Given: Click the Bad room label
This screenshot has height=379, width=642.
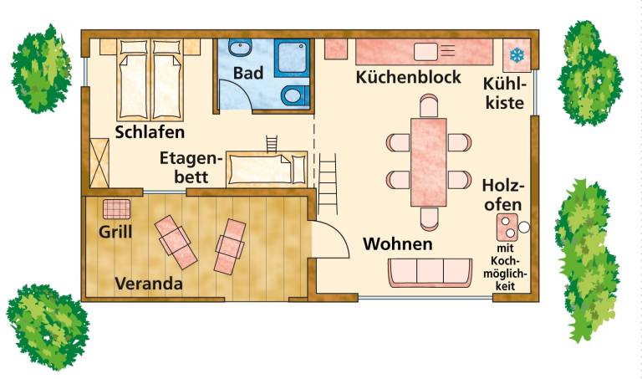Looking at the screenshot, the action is [248, 73].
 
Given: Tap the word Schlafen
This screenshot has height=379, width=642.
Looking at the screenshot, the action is [150, 132].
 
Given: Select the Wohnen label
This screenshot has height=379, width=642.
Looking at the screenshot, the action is [398, 243].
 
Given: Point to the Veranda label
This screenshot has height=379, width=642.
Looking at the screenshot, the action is [149, 284].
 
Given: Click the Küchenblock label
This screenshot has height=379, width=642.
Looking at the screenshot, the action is [408, 77].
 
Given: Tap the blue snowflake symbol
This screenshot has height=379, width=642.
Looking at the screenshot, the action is [517, 55].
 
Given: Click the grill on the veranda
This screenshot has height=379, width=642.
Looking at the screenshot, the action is [117, 209].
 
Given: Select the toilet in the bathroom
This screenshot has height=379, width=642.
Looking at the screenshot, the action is [295, 95].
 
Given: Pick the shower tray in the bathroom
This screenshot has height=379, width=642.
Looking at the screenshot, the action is [292, 58].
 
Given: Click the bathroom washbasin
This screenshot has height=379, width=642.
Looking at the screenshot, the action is [240, 49].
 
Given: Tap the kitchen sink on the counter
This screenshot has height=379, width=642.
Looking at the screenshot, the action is [426, 52].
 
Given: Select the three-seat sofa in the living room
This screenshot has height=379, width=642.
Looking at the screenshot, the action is [430, 273].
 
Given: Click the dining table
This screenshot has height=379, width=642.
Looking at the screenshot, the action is [429, 162].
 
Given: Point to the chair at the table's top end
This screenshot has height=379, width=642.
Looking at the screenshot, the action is [429, 105].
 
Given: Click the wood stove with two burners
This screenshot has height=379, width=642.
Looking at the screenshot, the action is [507, 227].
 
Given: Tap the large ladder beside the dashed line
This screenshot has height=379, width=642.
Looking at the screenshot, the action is [328, 184].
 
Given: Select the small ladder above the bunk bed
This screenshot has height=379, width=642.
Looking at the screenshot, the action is [272, 144].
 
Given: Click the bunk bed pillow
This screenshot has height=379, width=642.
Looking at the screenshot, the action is [299, 170].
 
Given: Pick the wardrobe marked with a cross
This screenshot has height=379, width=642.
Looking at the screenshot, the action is [99, 163].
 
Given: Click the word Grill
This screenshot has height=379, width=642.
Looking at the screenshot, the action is [115, 233].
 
